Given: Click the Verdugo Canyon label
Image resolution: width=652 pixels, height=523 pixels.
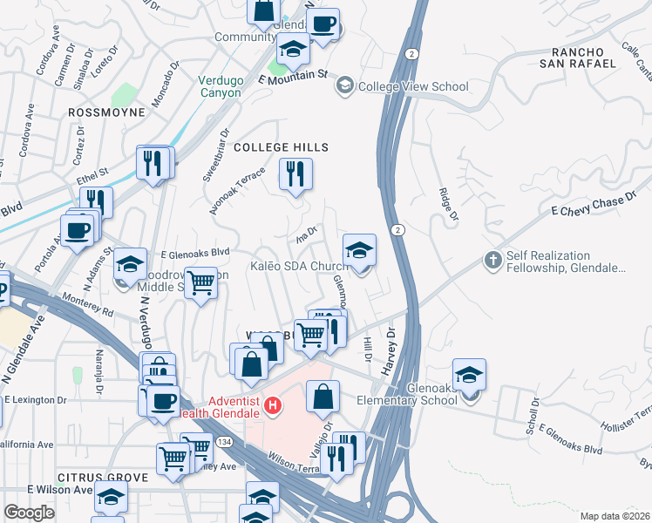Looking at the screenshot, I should (x=220, y=86).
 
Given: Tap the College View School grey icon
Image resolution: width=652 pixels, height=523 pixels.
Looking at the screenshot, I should (x=345, y=85).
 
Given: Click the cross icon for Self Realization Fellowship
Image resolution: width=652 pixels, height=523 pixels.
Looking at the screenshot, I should (x=493, y=261).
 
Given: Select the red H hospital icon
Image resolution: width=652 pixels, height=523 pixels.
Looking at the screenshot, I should (x=274, y=405).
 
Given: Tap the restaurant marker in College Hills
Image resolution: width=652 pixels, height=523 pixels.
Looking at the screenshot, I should (x=295, y=173).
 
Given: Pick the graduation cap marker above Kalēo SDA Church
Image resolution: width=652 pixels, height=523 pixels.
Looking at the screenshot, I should (x=359, y=250).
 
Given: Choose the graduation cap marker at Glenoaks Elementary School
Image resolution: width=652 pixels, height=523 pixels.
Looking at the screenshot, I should (x=470, y=375).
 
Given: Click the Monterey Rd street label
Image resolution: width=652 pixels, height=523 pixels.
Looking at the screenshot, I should (x=88, y=305).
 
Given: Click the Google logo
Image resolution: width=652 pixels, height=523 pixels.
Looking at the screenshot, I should (x=29, y=513).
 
